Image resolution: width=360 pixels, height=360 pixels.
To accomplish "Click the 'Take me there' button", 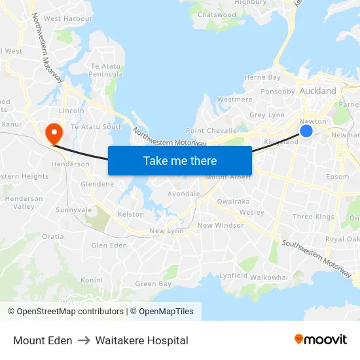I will (180, 160).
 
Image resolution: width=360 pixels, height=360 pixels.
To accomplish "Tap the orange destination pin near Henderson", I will (52, 133).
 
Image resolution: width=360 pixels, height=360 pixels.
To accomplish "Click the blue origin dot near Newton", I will (306, 132).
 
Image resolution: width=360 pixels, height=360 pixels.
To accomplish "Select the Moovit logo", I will (321, 339).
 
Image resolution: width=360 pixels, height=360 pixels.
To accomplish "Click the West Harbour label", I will (67, 19).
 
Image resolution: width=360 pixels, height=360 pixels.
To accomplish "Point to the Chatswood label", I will (217, 15).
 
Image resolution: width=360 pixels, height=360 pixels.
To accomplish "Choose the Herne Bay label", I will (262, 77).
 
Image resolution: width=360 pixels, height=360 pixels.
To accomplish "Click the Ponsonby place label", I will (278, 92).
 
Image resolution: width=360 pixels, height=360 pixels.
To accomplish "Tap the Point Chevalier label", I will (213, 131).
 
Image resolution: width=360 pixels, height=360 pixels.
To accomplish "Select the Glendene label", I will (97, 184).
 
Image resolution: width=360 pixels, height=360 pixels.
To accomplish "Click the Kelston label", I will (130, 214).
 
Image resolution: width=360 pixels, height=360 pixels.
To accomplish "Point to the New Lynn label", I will (166, 230).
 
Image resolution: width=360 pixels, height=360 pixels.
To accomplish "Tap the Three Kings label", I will (314, 217).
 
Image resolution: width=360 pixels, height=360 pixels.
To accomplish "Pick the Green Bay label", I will (153, 284).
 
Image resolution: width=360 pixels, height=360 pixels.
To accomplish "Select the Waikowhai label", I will (269, 278).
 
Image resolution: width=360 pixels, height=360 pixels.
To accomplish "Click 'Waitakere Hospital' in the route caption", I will (141, 340).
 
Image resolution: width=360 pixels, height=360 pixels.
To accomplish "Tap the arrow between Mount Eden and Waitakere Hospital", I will (84, 340).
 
